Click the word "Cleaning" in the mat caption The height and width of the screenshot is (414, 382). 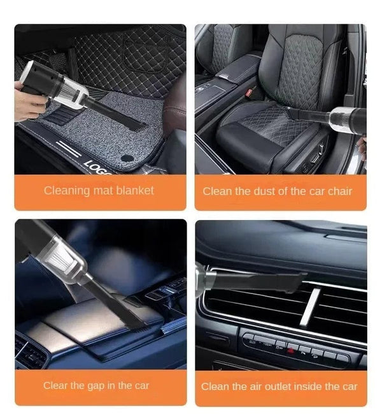[x=64, y=190]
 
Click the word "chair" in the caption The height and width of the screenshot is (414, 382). [x=339, y=191]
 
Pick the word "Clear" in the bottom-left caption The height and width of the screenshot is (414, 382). [x=56, y=385]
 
